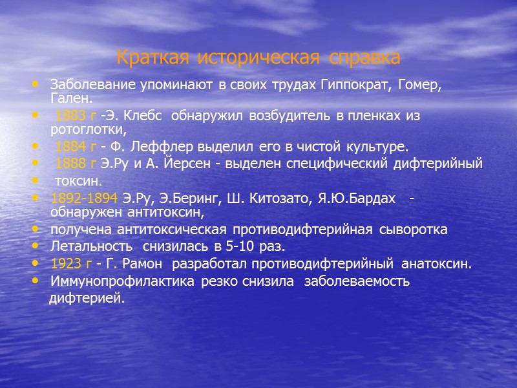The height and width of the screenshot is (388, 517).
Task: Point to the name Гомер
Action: [421, 85]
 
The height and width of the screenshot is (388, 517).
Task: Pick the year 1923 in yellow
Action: [65, 263]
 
